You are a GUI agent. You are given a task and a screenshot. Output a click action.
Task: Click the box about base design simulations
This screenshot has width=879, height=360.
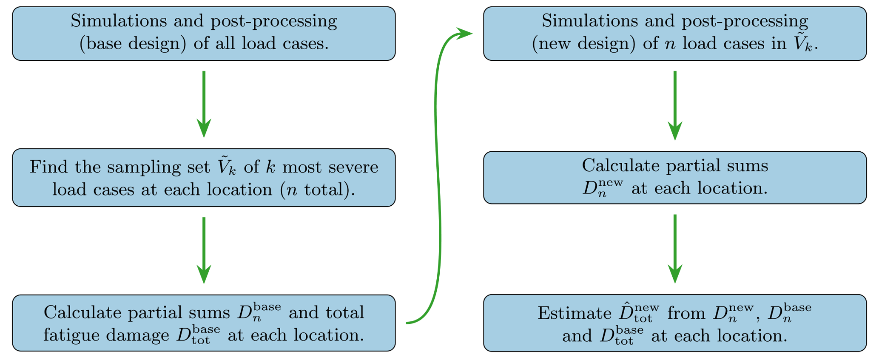(204, 33)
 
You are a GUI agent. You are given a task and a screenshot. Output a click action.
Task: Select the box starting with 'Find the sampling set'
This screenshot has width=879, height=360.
(204, 178)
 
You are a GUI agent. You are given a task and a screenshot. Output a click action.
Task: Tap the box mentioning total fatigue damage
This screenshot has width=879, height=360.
(204, 323)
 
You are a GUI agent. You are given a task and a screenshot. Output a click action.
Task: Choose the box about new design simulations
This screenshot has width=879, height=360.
(674, 33)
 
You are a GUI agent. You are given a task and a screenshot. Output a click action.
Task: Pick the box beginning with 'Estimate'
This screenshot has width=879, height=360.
(674, 323)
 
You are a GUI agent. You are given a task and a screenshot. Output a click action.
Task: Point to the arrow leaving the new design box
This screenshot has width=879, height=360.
(675, 105)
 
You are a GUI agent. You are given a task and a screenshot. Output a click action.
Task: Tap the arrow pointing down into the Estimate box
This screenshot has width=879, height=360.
(675, 248)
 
